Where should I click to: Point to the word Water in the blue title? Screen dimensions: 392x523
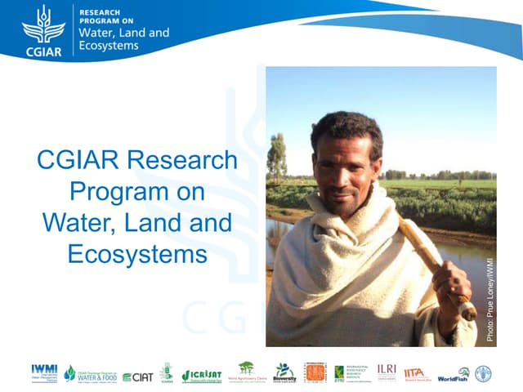pyautogui.click(x=74, y=222)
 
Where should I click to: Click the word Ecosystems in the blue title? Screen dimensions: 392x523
pyautogui.click(x=137, y=254)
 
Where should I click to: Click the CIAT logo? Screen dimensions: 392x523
pyautogui.click(x=137, y=376)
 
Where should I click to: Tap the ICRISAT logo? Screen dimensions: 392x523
pyautogui.click(x=201, y=374)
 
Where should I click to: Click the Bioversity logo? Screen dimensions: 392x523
pyautogui.click(x=284, y=372)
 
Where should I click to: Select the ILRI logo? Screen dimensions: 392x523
pyautogui.click(x=387, y=370)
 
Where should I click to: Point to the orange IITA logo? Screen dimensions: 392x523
pyautogui.click(x=416, y=373)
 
